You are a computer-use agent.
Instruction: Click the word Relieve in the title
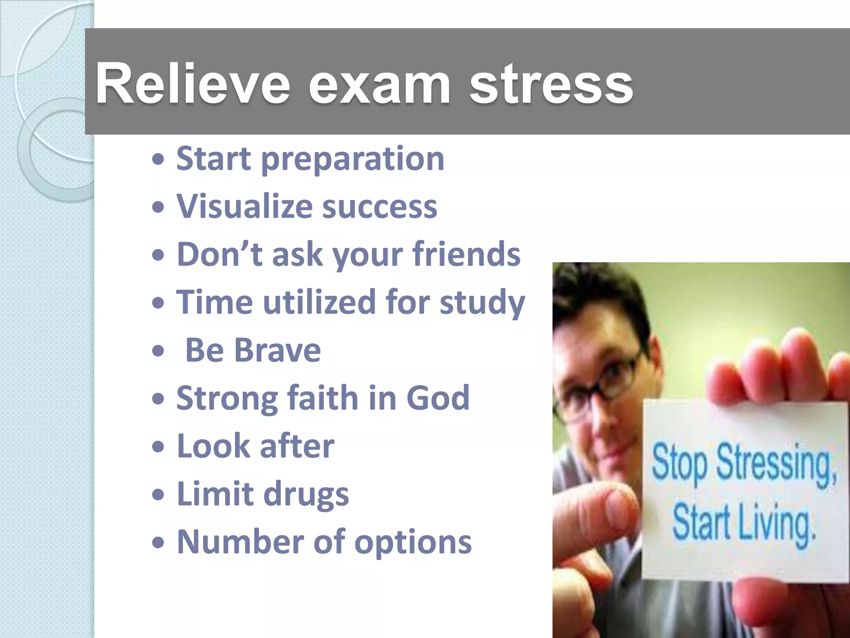[193, 83]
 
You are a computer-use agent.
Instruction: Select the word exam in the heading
[379, 83]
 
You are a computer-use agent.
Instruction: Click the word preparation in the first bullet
[352, 159]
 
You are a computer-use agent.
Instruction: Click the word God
[437, 398]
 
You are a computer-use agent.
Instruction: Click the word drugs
[306, 494]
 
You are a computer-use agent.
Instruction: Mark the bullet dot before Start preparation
[158, 160]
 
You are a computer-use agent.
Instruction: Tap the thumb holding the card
[606, 515]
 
